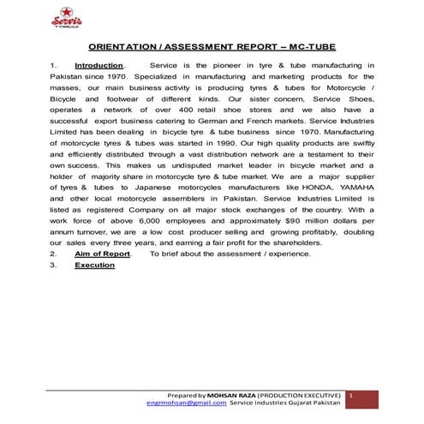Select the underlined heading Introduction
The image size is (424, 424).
coord(99,65)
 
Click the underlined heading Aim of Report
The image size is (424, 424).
coord(102,254)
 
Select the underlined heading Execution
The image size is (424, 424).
coord(94,266)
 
